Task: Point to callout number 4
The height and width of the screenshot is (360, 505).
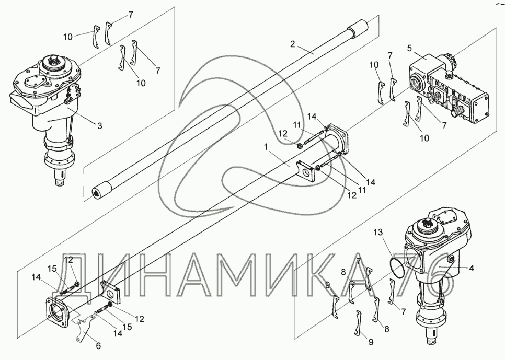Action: coord(471,269)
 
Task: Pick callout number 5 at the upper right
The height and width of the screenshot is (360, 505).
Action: coord(411,49)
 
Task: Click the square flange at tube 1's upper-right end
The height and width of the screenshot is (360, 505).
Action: coord(337,136)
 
